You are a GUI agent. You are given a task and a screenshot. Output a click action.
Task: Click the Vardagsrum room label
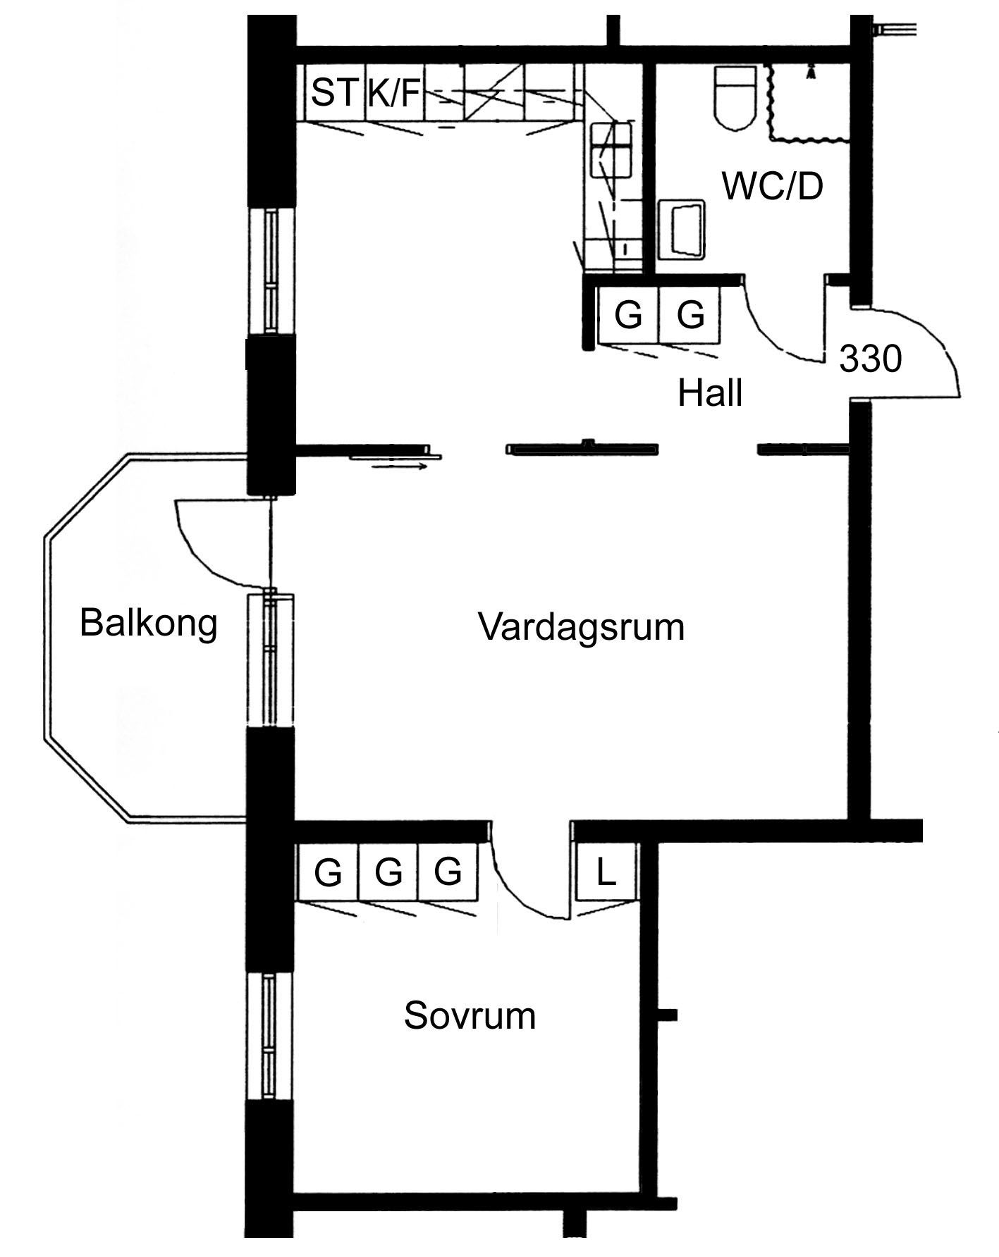(x=581, y=626)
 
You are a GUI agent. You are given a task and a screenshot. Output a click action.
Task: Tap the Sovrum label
(x=470, y=1016)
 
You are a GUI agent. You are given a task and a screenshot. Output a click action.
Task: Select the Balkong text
(x=148, y=623)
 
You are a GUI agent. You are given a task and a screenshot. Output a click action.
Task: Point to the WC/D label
(x=773, y=187)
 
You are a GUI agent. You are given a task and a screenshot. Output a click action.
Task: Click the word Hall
(x=710, y=393)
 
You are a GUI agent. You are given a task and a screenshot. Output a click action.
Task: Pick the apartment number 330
(x=871, y=359)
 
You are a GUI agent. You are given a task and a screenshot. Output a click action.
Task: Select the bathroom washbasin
(x=681, y=228)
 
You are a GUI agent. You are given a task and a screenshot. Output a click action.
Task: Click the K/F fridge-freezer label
(x=393, y=93)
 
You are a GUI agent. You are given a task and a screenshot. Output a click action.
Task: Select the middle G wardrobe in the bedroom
(x=388, y=872)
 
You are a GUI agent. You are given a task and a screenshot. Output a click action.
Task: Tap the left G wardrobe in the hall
(x=627, y=314)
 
